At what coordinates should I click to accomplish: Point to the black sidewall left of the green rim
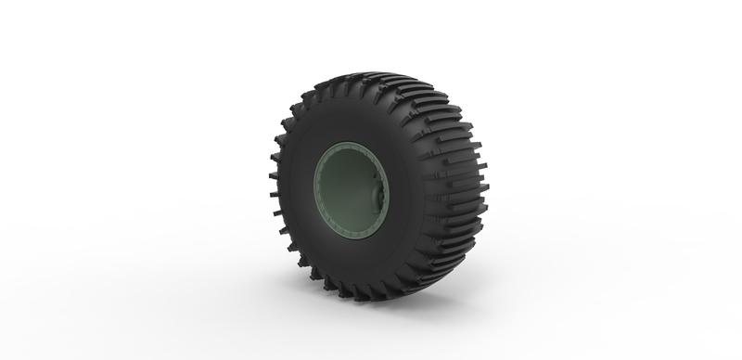coord(295,190)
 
